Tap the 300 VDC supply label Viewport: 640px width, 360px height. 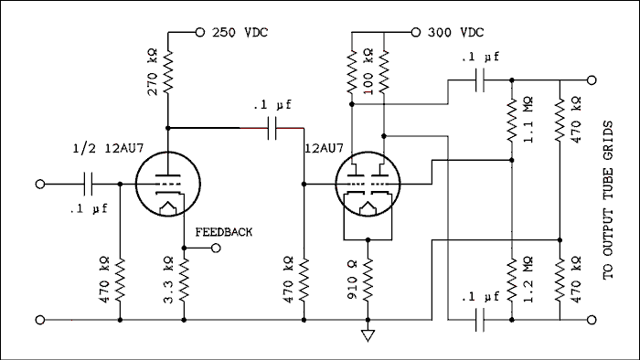tap(455, 32)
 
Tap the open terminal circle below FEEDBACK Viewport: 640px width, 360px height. tap(216, 248)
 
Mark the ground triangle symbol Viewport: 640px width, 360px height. tap(367, 334)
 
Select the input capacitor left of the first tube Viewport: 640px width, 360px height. tap(89, 184)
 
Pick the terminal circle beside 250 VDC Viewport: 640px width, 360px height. tap(199, 32)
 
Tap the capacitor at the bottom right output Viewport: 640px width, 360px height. tap(479, 320)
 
